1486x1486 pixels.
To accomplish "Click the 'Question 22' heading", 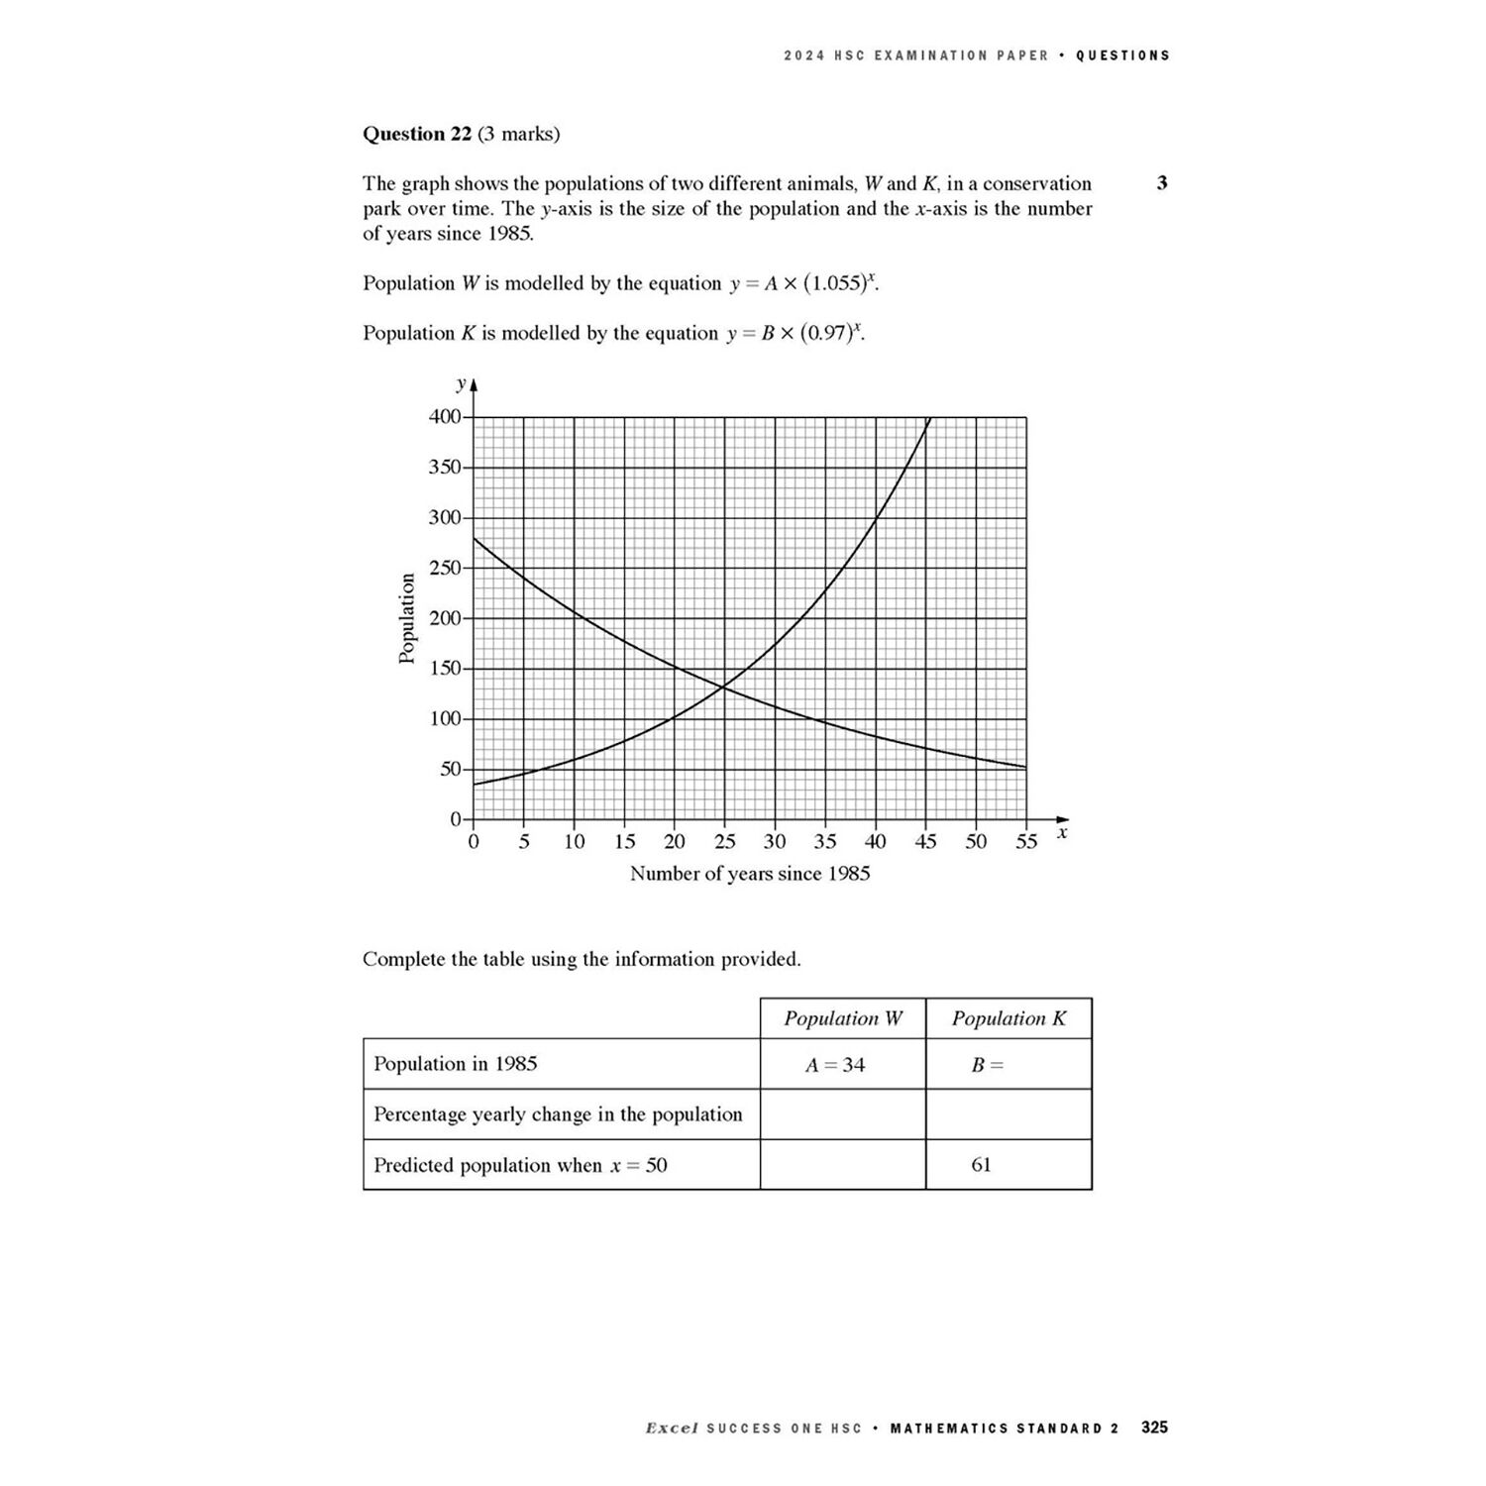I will click(417, 134).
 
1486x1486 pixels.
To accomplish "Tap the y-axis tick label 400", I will click(445, 417).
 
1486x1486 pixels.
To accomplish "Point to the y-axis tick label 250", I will click(445, 569).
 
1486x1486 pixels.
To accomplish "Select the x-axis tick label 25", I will click(724, 842).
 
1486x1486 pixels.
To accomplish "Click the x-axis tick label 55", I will click(1026, 842).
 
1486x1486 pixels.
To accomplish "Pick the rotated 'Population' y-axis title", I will click(406, 618).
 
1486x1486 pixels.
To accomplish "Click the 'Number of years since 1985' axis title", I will click(750, 874).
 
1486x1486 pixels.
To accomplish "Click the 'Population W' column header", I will click(843, 1018).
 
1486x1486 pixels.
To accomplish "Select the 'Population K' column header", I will click(1008, 1018).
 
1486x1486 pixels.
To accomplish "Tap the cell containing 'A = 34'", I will click(835, 1065).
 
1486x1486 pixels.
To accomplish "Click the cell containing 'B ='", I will click(987, 1065).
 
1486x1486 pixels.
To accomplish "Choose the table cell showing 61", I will click(981, 1165).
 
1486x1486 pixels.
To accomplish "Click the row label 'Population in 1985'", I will click(456, 1064).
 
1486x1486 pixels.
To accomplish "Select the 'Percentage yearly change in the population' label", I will click(558, 1114).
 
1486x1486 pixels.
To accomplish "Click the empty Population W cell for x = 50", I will click(843, 1165).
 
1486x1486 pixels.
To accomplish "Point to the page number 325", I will click(1154, 1428).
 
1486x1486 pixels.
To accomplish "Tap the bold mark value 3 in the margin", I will click(1162, 183).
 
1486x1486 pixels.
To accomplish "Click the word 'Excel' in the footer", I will click(672, 1429).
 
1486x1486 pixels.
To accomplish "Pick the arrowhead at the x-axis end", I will click(1063, 819).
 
